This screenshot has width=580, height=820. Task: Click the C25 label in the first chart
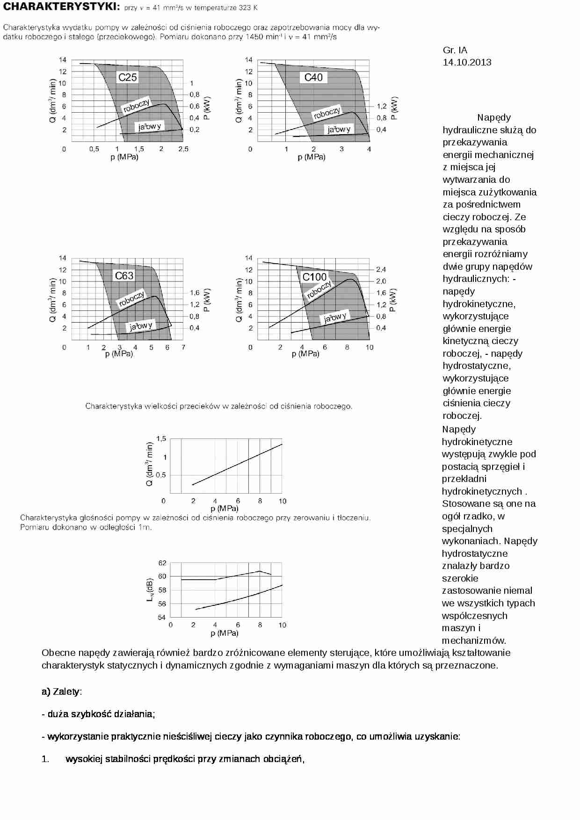click(127, 77)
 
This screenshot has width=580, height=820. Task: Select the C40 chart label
click(313, 77)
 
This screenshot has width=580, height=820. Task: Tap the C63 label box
click(124, 275)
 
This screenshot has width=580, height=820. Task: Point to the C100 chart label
click(314, 277)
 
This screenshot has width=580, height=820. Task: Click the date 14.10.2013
click(467, 62)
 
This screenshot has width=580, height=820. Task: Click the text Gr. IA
click(455, 50)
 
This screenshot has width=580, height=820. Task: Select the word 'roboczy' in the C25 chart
click(136, 106)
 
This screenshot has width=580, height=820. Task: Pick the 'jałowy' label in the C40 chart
click(339, 129)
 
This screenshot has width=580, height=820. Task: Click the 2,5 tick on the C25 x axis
click(183, 149)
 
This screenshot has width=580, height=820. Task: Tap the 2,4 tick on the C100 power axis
click(381, 269)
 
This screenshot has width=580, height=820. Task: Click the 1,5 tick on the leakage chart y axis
click(161, 438)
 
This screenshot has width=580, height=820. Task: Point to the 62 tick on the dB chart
click(162, 562)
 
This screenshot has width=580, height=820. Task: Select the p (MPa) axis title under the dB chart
click(225, 633)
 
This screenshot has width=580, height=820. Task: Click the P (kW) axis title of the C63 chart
click(207, 300)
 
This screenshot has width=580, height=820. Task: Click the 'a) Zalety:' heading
click(62, 691)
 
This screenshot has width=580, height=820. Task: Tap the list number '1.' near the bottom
click(45, 759)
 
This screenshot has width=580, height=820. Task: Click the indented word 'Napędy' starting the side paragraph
click(494, 117)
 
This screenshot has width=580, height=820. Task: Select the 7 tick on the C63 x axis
click(183, 347)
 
